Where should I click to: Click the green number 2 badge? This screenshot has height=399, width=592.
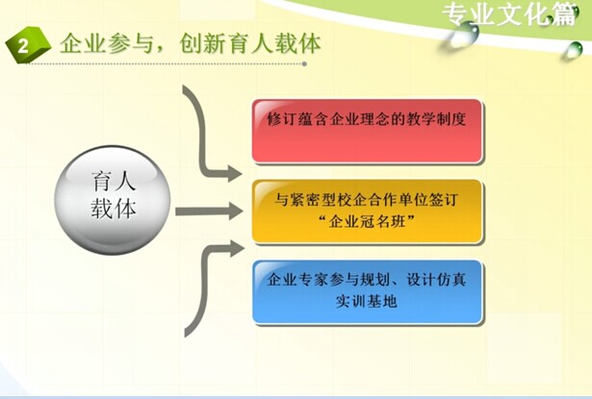click(x=28, y=45)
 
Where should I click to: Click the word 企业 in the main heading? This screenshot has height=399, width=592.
click(x=83, y=43)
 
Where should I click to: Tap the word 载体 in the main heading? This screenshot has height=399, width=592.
click(x=297, y=43)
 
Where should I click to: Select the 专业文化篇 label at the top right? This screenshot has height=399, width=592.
click(x=509, y=15)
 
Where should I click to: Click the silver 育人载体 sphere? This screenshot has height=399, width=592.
click(x=113, y=200)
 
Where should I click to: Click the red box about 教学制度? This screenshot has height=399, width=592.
click(x=368, y=132)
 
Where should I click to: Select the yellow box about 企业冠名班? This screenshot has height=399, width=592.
click(x=368, y=212)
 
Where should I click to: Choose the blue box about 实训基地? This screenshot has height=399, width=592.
click(x=368, y=292)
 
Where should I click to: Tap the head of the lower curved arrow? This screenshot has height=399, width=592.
click(x=236, y=248)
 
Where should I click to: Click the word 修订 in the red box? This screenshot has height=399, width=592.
click(x=282, y=119)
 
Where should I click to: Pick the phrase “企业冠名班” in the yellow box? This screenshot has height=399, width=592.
click(x=366, y=221)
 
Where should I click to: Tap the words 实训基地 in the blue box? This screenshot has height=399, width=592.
click(x=366, y=301)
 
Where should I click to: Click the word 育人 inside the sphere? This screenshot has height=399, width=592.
click(x=114, y=182)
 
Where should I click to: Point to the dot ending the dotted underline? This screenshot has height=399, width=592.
click(x=304, y=63)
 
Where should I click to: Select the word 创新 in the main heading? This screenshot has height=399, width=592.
click(x=202, y=43)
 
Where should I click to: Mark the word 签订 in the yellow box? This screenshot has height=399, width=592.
click(x=444, y=200)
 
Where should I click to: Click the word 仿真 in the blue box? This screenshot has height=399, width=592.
click(x=451, y=280)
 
